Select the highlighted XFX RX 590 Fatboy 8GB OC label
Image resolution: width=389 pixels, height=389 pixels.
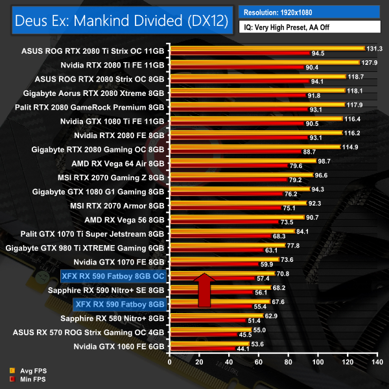(x=113, y=276)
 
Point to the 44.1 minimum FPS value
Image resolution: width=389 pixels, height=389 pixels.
(x=242, y=349)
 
